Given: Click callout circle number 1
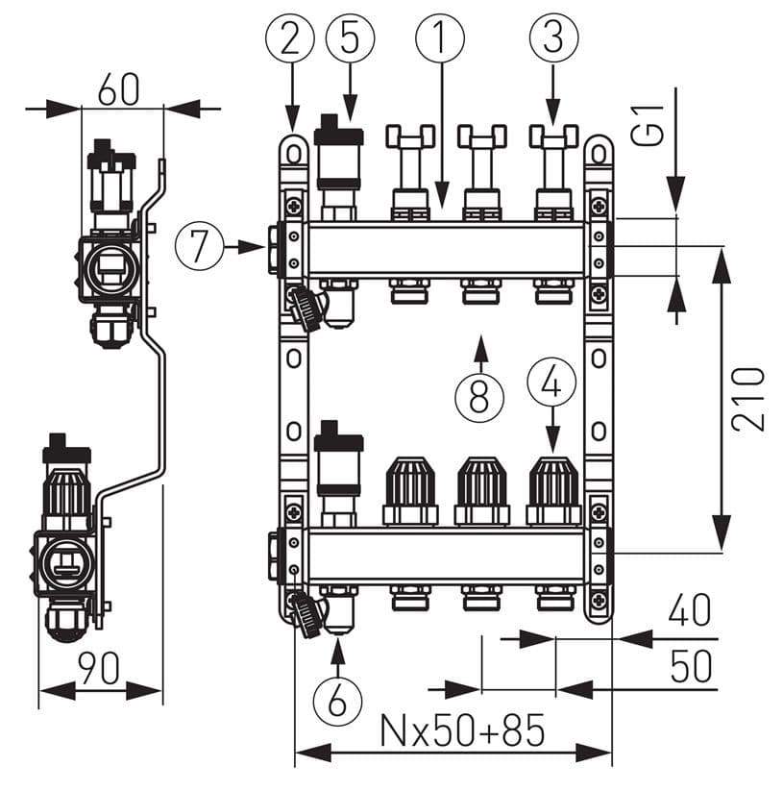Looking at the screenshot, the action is (440, 37).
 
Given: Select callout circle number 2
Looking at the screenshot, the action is (290, 37).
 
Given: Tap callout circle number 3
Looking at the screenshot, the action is (553, 37).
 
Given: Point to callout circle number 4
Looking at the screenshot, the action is (551, 383).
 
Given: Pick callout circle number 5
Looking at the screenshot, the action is (351, 37).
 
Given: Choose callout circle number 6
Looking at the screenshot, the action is (337, 700).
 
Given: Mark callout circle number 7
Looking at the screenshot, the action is (199, 246).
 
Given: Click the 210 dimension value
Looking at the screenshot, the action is (748, 400).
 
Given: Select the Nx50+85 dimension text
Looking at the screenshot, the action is (463, 729).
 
